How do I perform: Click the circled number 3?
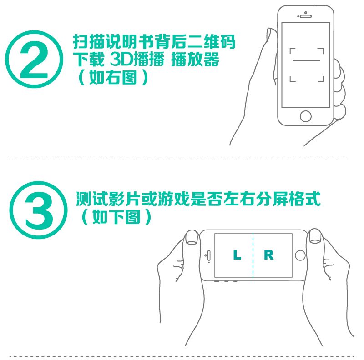tap(39, 210)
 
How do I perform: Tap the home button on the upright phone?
tap(305, 116)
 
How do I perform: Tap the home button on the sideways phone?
tap(300, 255)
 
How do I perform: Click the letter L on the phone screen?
tap(237, 255)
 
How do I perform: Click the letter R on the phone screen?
tap(269, 255)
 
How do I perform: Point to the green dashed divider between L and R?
tap(253, 255)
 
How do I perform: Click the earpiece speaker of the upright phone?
tap(305, 16)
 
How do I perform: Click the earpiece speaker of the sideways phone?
tap(209, 255)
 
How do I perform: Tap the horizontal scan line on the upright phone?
tap(306, 60)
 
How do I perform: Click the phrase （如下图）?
tap(116, 217)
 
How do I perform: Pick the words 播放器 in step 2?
tap(195, 60)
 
